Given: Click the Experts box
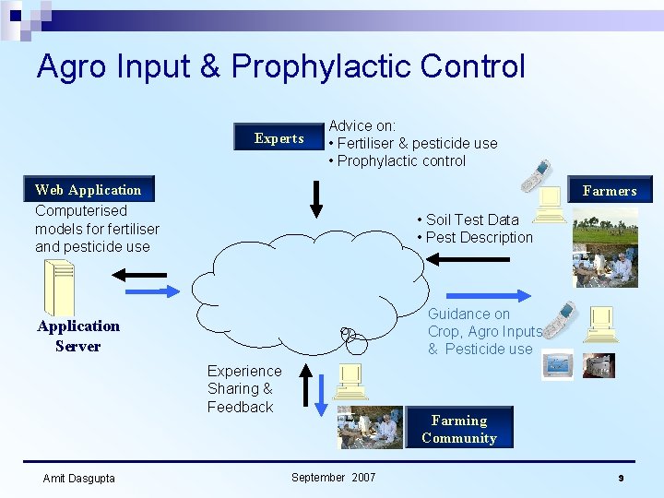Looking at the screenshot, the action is (279, 138).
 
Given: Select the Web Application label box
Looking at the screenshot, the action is (89, 190).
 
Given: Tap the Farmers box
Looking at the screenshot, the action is (610, 191).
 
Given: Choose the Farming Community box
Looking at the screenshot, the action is (459, 429).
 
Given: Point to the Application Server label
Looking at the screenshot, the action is (78, 336).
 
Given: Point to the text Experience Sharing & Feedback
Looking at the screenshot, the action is (243, 388).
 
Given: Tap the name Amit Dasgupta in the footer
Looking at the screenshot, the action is (79, 478).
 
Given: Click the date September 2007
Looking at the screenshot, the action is (333, 477).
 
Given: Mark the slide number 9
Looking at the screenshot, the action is (621, 478).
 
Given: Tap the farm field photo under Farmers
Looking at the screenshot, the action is (605, 227).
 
